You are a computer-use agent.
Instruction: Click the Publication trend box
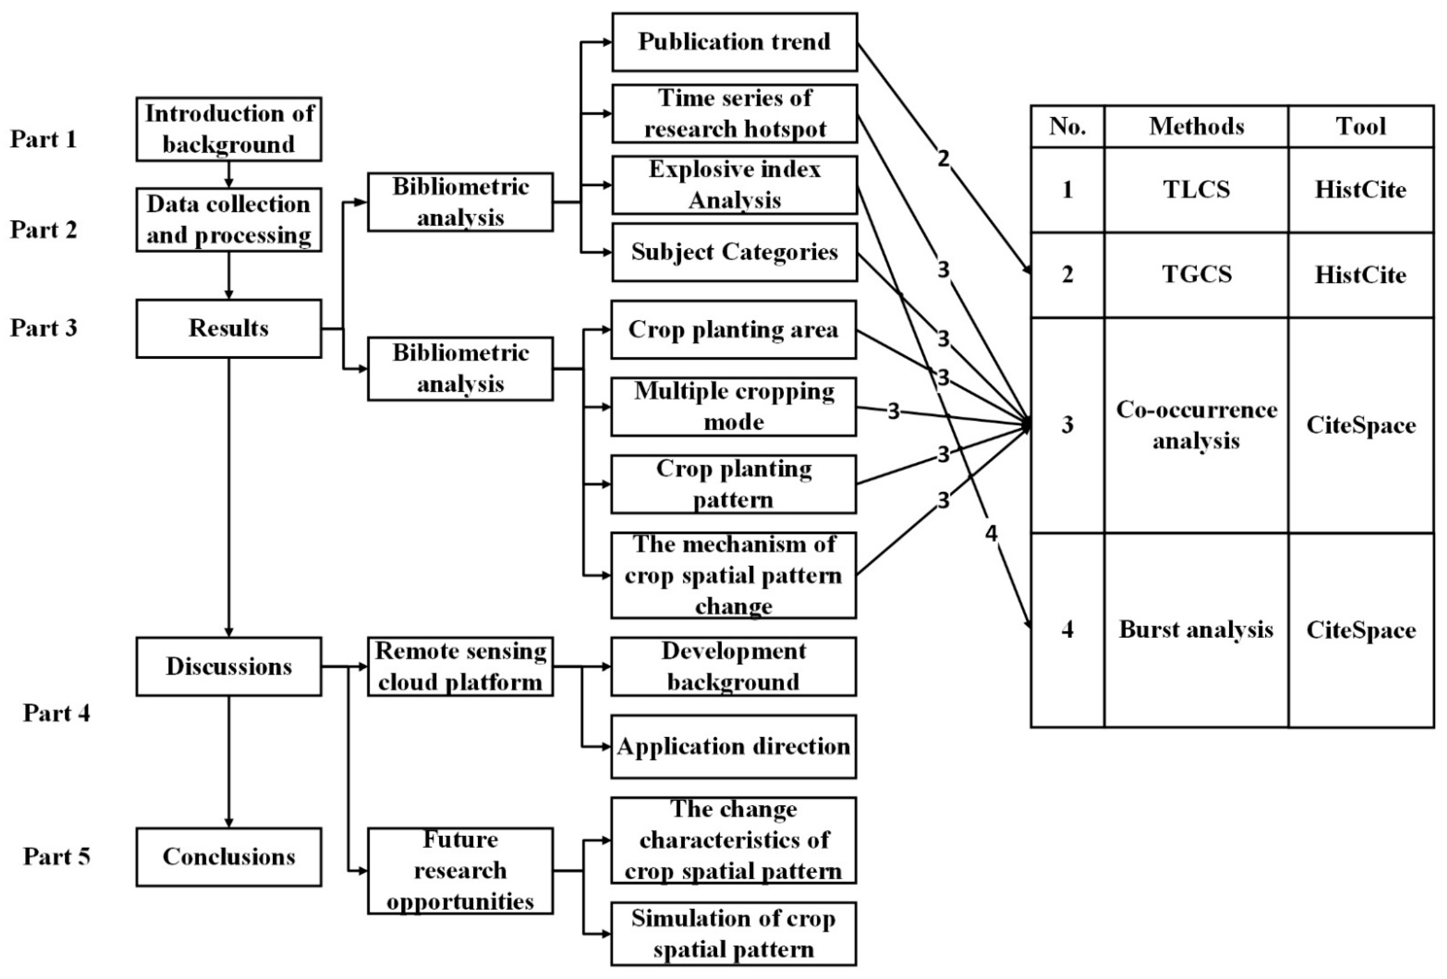(734, 42)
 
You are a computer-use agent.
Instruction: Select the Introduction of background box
(228, 129)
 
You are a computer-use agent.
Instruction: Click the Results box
(228, 328)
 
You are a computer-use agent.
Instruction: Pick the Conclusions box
(228, 856)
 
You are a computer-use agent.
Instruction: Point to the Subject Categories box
(734, 252)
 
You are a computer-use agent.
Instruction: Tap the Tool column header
(1360, 126)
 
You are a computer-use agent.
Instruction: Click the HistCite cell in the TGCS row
(1360, 274)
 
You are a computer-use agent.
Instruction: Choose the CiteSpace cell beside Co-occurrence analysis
(1360, 425)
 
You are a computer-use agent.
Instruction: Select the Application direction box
(734, 746)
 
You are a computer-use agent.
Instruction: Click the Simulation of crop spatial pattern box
(734, 933)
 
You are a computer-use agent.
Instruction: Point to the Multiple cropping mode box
(734, 406)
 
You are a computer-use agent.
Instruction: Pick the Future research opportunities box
(460, 870)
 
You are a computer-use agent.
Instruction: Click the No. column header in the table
(1067, 126)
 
